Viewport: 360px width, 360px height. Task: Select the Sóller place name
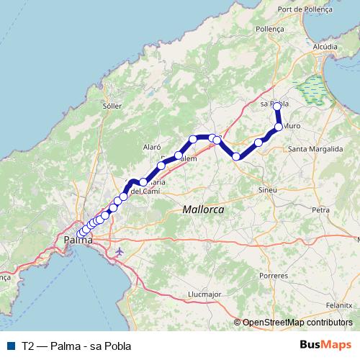[x=112, y=105]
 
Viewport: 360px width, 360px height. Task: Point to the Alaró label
[x=150, y=146]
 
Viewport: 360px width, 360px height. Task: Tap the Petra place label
[x=320, y=210]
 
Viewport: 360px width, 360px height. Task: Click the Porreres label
[x=274, y=275]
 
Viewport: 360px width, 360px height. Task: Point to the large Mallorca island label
[x=203, y=209]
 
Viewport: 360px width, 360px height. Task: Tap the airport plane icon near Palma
[x=119, y=251]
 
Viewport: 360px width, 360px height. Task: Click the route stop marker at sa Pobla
[x=277, y=106]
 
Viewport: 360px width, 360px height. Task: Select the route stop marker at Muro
[x=279, y=127]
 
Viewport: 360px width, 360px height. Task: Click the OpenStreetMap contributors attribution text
[x=297, y=323]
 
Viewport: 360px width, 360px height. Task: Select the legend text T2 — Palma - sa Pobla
[x=66, y=346]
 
